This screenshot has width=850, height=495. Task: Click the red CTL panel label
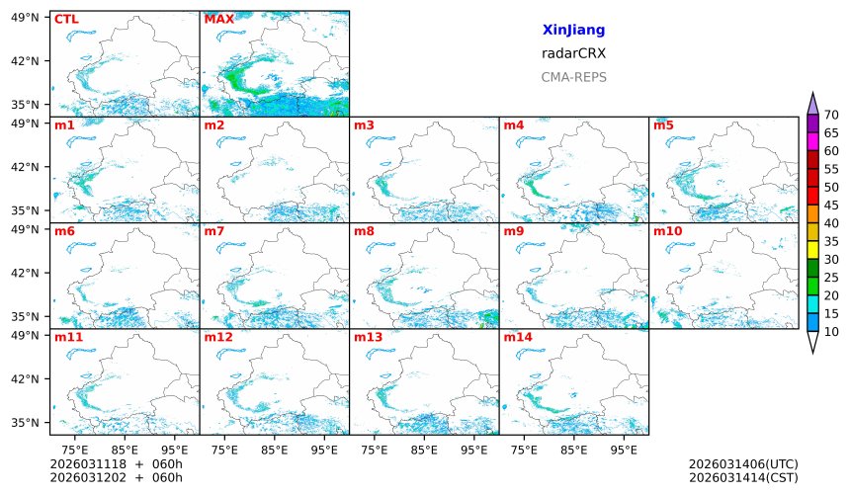click(66, 19)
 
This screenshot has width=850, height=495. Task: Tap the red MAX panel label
click(218, 19)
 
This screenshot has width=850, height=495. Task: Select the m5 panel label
click(663, 125)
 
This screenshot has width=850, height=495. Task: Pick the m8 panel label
click(364, 231)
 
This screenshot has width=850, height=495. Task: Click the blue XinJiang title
click(573, 31)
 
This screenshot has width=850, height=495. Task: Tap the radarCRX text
click(573, 53)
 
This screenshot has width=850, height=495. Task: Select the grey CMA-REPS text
click(573, 77)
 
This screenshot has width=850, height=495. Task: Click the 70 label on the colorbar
click(831, 116)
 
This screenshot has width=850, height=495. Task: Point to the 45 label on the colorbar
click(831, 206)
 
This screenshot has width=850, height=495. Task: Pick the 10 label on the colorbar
click(831, 332)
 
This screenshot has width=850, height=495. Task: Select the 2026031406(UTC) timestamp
click(743, 464)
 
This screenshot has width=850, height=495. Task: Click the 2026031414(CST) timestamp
click(743, 478)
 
